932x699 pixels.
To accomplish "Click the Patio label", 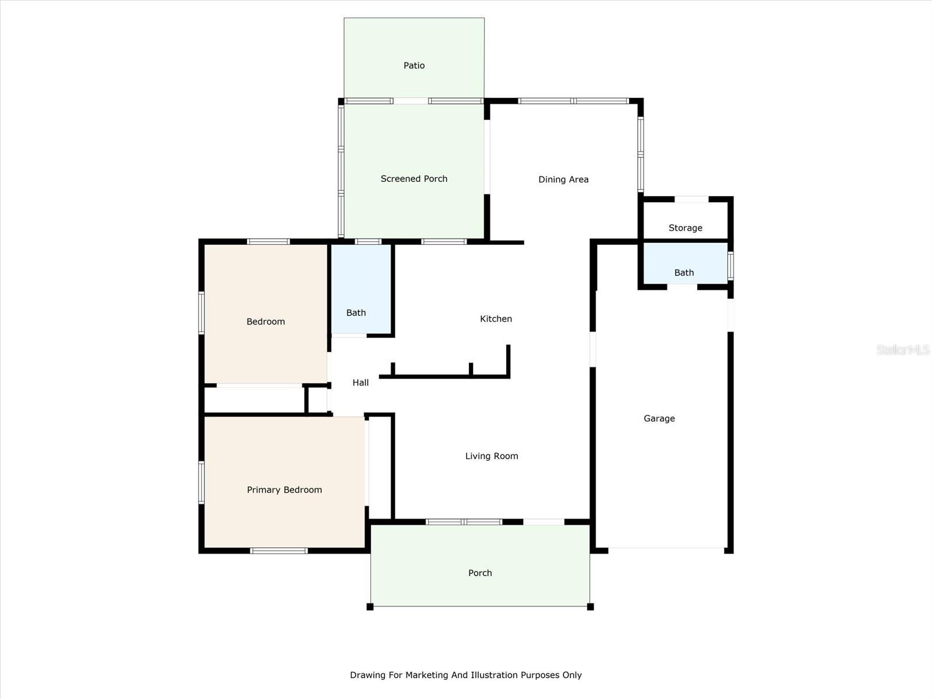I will pyautogui.click(x=414, y=66).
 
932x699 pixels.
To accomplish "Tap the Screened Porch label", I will pyautogui.click(x=414, y=179).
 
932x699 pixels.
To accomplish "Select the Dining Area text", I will pyautogui.click(x=563, y=179).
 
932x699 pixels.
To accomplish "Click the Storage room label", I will pyautogui.click(x=685, y=228).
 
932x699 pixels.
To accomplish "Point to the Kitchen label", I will pyautogui.click(x=496, y=319).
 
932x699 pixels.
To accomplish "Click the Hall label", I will pyautogui.click(x=361, y=383).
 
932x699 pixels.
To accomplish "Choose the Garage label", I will pyautogui.click(x=659, y=418).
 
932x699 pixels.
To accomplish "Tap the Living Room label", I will pyautogui.click(x=492, y=456).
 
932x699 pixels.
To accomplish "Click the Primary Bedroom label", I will pyautogui.click(x=284, y=490).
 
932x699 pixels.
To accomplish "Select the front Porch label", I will pyautogui.click(x=480, y=573).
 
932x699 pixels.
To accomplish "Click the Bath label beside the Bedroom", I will pyautogui.click(x=356, y=313).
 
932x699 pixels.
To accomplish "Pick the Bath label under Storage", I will pyautogui.click(x=684, y=273).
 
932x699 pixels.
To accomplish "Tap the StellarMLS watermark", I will pyautogui.click(x=903, y=349).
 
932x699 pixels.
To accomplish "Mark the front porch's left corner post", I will pyautogui.click(x=370, y=607).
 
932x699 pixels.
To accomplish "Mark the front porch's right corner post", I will pyautogui.click(x=590, y=607).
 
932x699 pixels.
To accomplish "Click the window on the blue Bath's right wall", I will pyautogui.click(x=730, y=266).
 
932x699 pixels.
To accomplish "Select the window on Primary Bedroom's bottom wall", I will pyautogui.click(x=279, y=550).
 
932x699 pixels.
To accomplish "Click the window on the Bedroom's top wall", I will pyautogui.click(x=268, y=242).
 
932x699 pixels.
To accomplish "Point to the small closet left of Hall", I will pyautogui.click(x=317, y=400).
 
